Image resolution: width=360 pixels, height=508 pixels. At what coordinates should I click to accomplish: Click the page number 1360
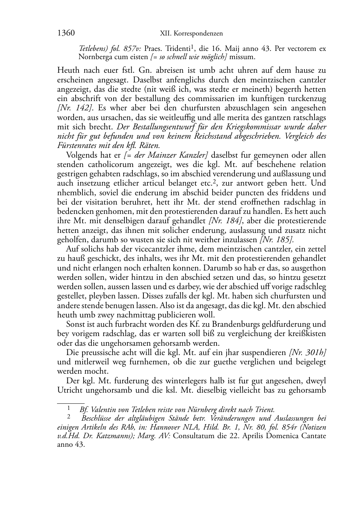(66, 33)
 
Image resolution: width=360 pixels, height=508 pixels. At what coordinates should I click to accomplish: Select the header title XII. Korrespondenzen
(191, 34)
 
